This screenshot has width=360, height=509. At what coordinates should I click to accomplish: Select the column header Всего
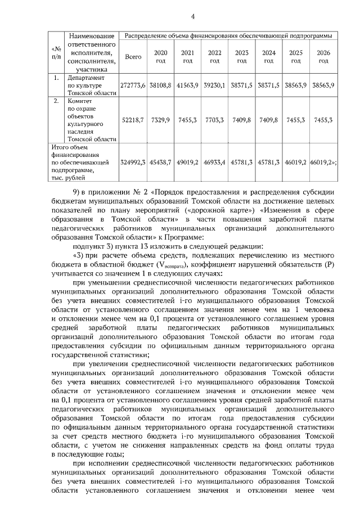point(133,57)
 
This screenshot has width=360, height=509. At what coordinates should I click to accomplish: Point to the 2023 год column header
point(242,56)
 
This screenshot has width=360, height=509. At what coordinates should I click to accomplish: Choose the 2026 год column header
point(323,56)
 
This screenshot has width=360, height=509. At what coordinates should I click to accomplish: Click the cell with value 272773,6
point(133,84)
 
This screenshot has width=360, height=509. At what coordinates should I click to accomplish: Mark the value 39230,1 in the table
point(214,84)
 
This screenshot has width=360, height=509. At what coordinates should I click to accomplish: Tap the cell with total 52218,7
point(133,120)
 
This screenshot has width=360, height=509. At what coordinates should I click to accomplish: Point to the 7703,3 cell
point(214,120)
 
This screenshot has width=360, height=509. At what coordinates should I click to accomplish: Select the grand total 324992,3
point(133,162)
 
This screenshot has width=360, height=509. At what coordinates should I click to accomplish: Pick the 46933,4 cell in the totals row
point(214,162)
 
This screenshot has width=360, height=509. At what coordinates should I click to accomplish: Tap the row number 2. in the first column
point(56,102)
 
